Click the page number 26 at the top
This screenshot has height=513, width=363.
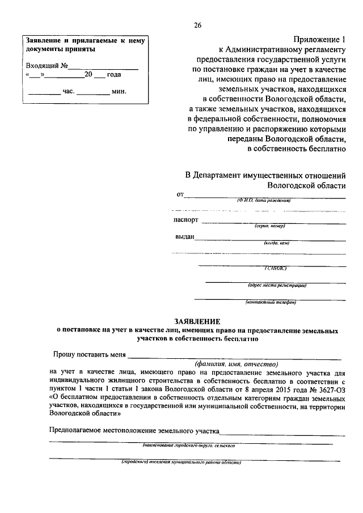coord(197,26)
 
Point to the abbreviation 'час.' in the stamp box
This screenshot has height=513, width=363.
coord(68,91)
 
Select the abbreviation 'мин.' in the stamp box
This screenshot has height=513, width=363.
coord(119,91)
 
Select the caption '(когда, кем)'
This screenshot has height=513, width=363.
coord(276,243)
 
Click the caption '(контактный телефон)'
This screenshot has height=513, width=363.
coord(271,302)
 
